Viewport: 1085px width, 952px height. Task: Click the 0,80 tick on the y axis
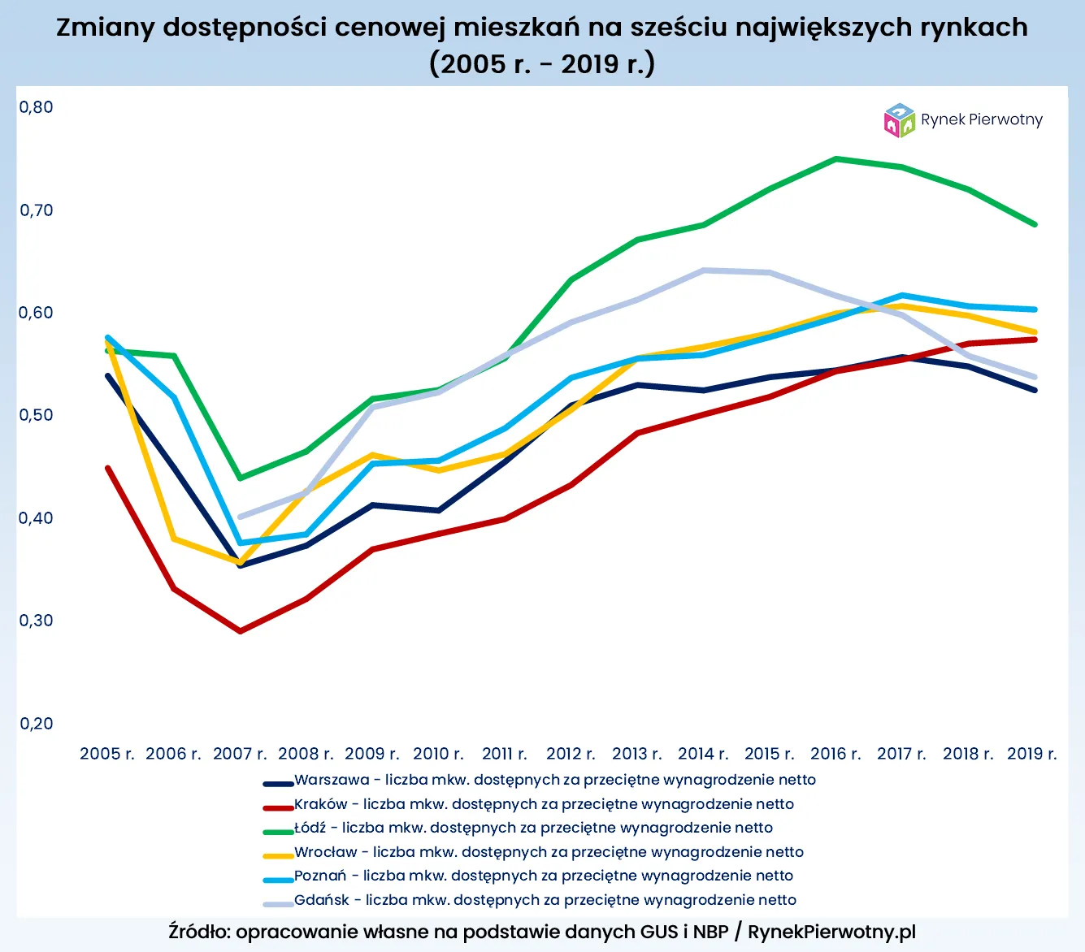click(x=36, y=107)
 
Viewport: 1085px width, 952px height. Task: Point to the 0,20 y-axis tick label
click(x=36, y=724)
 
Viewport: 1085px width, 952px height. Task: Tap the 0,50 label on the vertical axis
click(x=36, y=415)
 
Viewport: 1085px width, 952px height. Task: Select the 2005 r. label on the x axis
click(x=106, y=754)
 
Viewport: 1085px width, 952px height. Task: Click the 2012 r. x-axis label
click(x=571, y=754)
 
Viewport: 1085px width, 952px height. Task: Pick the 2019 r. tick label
click(x=1031, y=754)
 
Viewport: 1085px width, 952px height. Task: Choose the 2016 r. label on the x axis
click(x=835, y=754)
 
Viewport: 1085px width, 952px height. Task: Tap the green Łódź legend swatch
click(x=278, y=831)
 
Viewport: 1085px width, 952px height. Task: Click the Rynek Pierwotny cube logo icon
click(x=899, y=120)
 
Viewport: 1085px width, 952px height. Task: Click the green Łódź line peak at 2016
click(x=836, y=159)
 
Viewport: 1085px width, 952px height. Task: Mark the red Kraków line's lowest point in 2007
click(x=240, y=631)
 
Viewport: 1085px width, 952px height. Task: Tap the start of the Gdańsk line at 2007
click(x=240, y=517)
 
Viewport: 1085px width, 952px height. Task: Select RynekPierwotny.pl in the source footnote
click(x=831, y=932)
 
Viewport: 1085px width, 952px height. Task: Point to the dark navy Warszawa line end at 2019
click(x=1035, y=391)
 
